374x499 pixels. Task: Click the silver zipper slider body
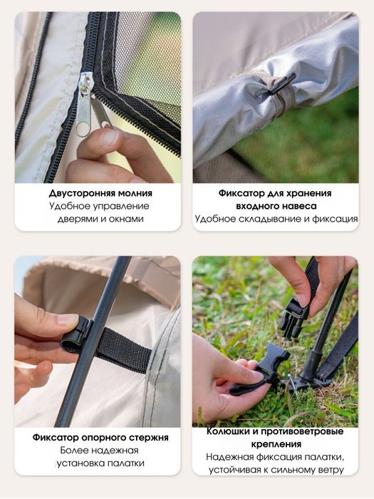pos(85,96)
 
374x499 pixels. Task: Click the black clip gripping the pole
pos(76,334)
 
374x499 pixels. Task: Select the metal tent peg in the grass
pos(294,384)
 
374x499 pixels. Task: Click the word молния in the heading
pos(135,193)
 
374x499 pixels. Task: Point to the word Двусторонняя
pos(82,193)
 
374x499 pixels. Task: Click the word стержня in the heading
pos(150,438)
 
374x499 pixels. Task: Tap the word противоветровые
pos(302,432)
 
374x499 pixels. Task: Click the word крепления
pos(276,444)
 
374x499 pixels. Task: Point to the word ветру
pos(330,470)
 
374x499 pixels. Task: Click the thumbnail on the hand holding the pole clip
pos(68,319)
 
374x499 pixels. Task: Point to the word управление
pos(121,206)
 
